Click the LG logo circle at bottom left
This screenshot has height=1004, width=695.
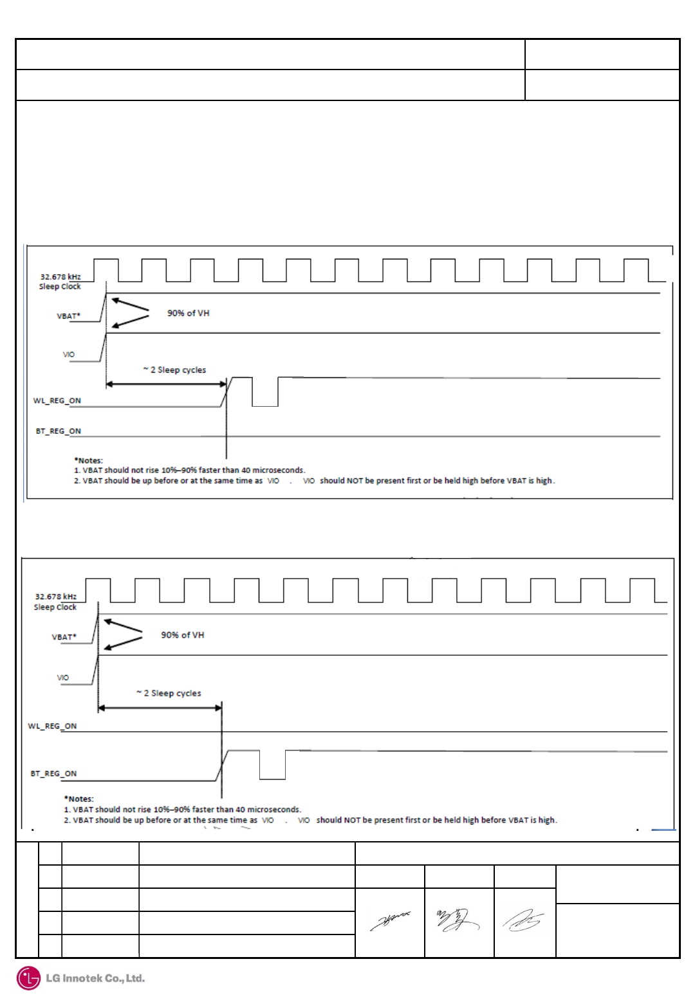(x=28, y=978)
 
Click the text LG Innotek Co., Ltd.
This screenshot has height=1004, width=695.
(x=95, y=978)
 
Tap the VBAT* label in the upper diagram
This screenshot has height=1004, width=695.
(x=68, y=316)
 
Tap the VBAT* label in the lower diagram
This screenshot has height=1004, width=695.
(x=64, y=637)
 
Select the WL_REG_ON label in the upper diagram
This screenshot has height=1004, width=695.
(x=57, y=400)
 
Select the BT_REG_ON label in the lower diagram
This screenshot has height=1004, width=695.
(x=53, y=774)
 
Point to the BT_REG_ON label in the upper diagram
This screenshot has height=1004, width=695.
(x=58, y=431)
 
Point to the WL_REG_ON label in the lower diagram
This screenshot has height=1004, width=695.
(x=52, y=726)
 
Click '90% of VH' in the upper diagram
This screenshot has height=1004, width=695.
(x=188, y=313)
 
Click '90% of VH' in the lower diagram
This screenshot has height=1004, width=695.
(x=182, y=635)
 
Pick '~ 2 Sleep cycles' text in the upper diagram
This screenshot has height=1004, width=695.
(x=174, y=370)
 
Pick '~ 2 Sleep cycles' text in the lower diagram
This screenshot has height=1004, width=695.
(x=169, y=693)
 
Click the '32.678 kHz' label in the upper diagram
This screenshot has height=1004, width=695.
(x=60, y=277)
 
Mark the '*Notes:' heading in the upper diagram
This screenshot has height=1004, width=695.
(x=88, y=460)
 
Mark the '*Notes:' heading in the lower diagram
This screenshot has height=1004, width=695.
(x=79, y=799)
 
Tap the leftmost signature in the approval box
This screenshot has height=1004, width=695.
(x=390, y=921)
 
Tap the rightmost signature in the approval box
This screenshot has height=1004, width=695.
(x=523, y=921)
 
